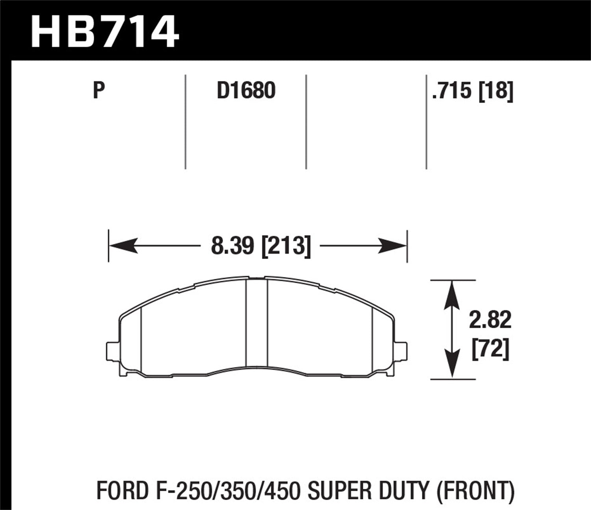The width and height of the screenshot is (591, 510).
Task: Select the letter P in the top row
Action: pos(99,91)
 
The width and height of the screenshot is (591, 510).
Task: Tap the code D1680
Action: pos(246,91)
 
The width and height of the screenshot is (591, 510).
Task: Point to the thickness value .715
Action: pos(452,91)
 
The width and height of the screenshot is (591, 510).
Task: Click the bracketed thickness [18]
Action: pos(496,91)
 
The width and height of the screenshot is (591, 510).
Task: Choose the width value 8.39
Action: pos(233,246)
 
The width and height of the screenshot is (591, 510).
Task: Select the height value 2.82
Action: pos(490,320)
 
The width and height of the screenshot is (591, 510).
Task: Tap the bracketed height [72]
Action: pos(490,349)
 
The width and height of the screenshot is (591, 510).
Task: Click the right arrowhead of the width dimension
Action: pos(392,246)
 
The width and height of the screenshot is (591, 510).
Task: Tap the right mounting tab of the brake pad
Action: pos(401,350)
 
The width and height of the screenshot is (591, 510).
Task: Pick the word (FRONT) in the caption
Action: pos(474,491)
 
